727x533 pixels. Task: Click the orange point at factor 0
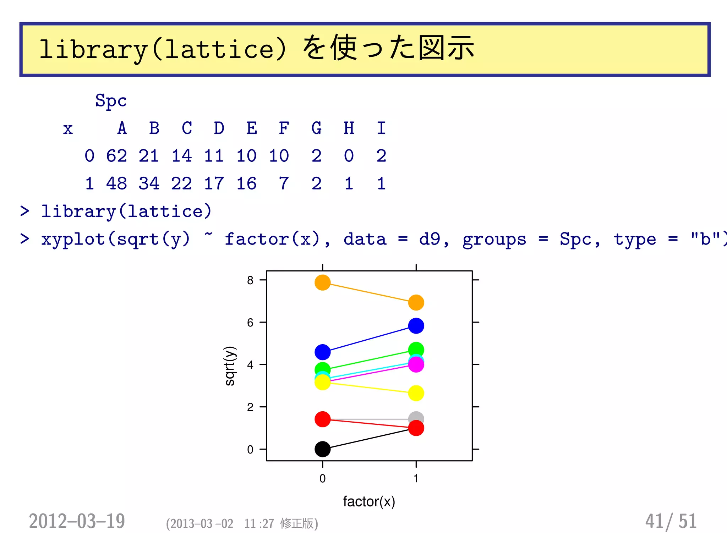pos(322,283)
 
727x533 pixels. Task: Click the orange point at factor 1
pos(416,303)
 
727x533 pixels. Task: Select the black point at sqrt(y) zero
pos(322,449)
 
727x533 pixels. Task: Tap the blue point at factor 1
pos(416,326)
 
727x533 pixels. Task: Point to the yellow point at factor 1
pos(416,393)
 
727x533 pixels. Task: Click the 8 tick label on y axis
pos(250,280)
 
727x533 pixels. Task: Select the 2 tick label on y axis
pos(250,407)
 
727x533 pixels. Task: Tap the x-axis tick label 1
pos(416,479)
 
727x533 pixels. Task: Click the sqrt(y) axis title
pos(230,366)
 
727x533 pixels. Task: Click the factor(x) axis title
pos(369,502)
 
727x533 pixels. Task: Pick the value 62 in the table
pos(116,156)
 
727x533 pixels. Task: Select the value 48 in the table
pos(116,183)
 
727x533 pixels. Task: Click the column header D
pos(219,128)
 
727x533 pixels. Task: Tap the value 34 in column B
pos(149,183)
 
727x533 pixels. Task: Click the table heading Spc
pos(111,101)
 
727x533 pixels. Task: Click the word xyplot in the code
pos(73,239)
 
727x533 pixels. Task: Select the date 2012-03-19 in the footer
pos(77,521)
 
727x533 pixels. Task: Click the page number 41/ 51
pos(671,521)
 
